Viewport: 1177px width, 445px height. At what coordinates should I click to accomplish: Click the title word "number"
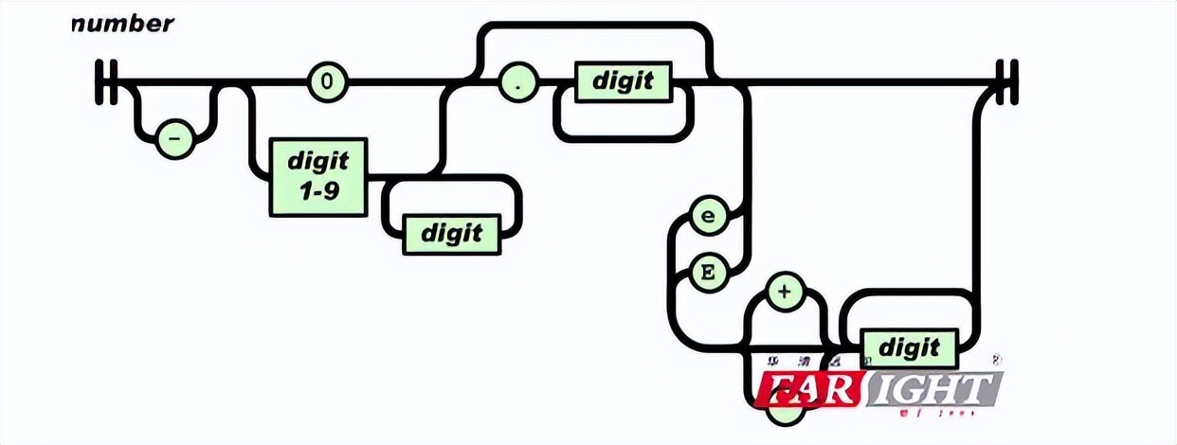[x=123, y=25]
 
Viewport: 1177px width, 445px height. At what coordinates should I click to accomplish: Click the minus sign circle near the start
[x=174, y=139]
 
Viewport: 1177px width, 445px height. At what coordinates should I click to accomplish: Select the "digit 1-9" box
[x=317, y=176]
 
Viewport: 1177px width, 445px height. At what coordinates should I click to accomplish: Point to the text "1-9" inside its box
[x=317, y=192]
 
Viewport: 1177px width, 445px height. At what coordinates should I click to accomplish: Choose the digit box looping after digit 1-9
[x=452, y=232]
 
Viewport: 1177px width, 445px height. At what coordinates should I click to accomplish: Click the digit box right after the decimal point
[x=623, y=81]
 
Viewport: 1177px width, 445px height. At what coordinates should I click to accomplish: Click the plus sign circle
[x=784, y=292]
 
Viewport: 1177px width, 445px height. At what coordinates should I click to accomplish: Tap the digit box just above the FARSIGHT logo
[x=909, y=347]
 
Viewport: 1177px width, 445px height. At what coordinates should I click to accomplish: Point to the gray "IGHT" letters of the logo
[x=933, y=388]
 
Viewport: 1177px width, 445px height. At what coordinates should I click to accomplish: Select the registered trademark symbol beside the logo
[x=996, y=360]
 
